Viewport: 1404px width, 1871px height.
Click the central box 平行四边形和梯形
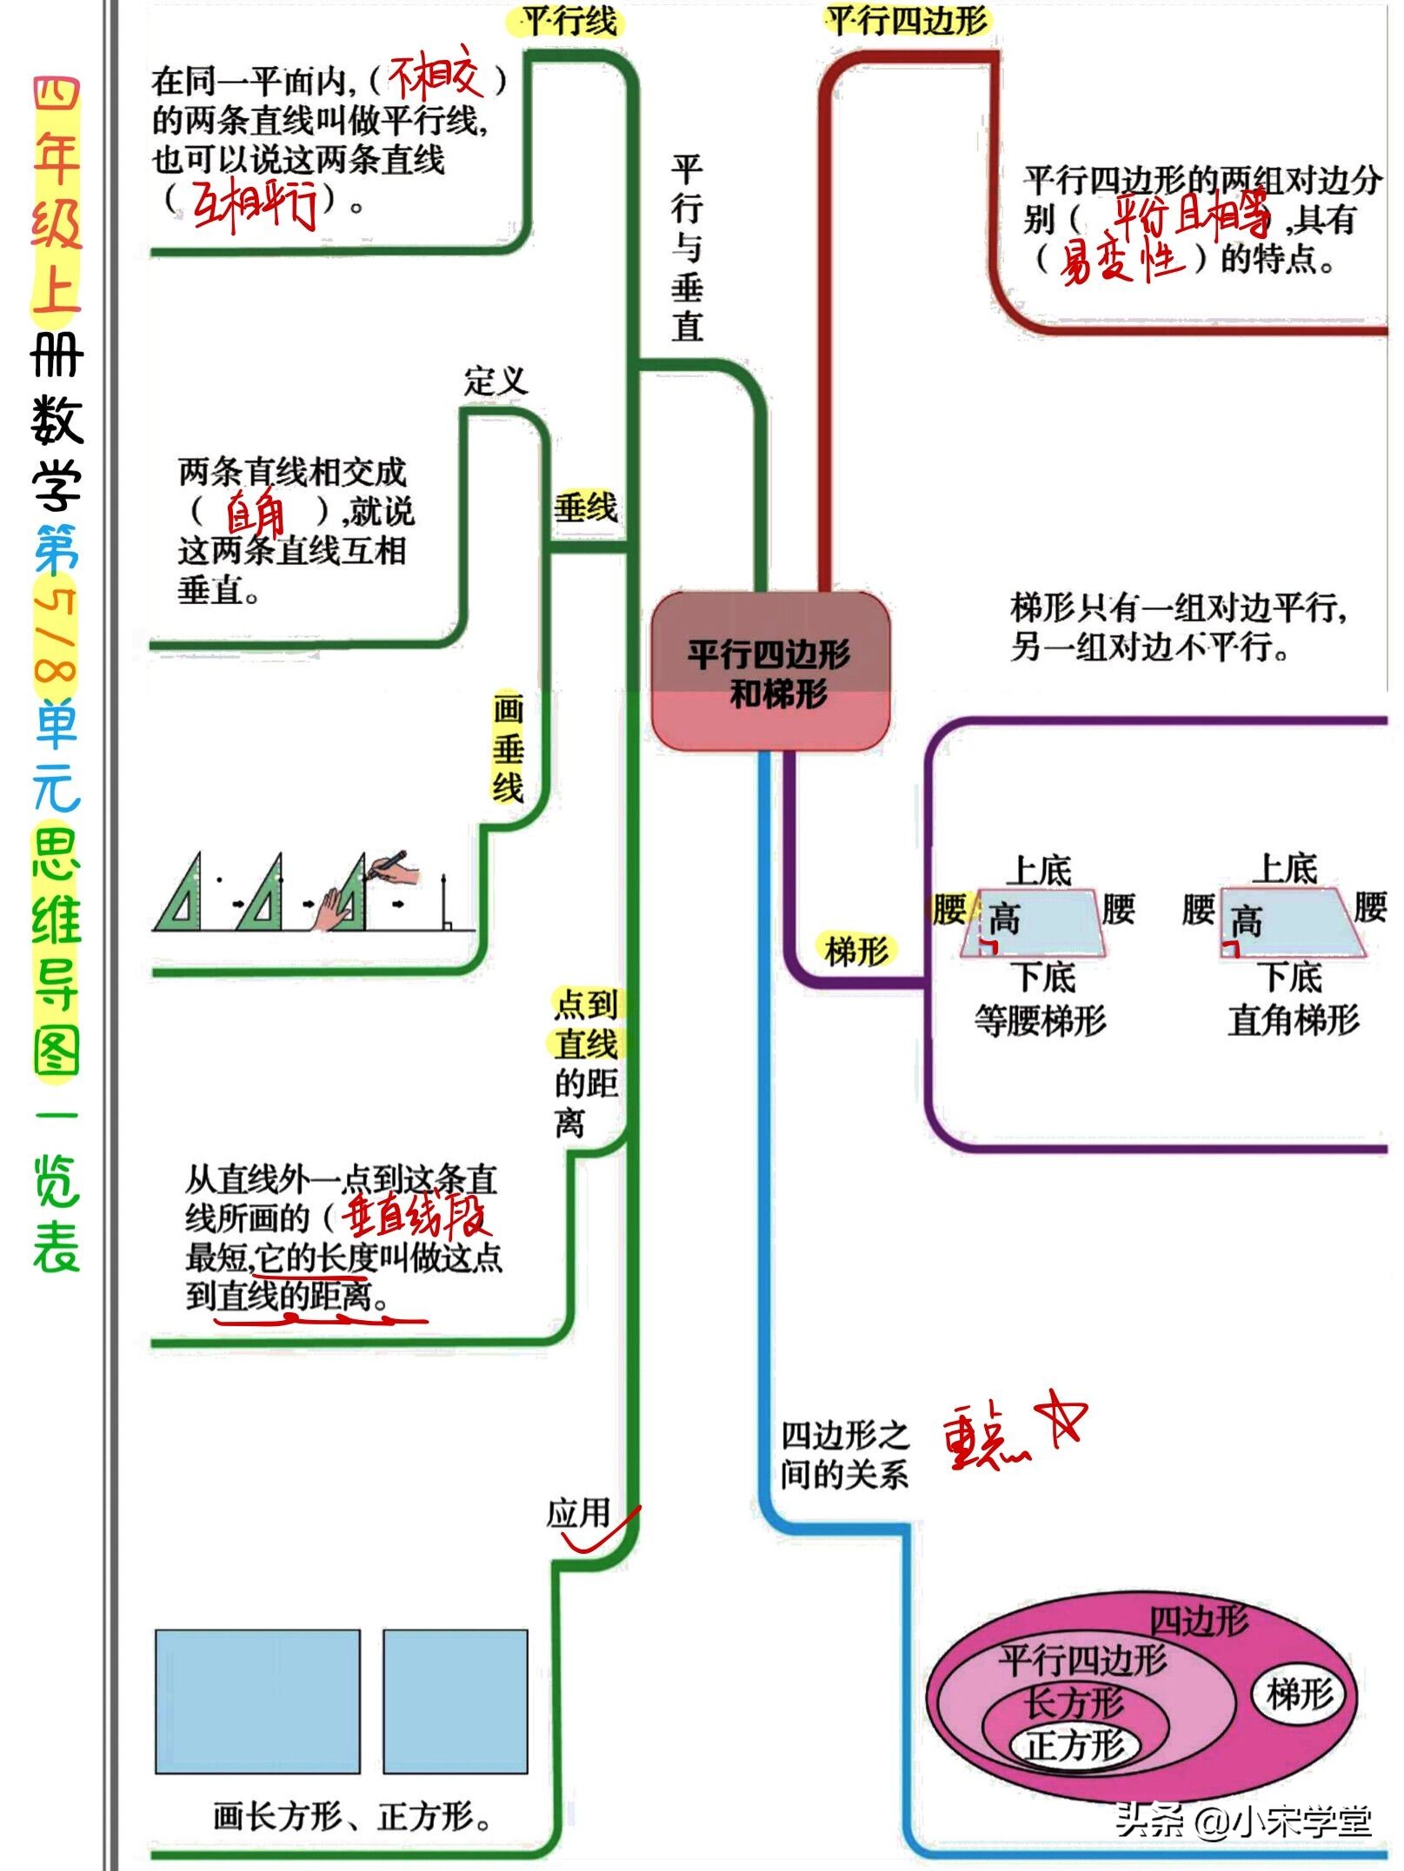point(770,672)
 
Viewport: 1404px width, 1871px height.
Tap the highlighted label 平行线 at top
point(568,21)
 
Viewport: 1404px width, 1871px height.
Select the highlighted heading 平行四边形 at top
point(907,21)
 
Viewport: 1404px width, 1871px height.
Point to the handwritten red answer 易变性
point(1121,260)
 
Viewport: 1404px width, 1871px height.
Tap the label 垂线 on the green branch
point(585,507)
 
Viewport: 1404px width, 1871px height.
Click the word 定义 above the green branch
point(495,380)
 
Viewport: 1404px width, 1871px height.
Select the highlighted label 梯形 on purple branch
point(856,950)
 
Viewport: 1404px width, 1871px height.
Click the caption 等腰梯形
point(1040,1019)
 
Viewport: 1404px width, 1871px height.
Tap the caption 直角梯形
point(1293,1019)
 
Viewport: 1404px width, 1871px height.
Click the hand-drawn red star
point(1059,1418)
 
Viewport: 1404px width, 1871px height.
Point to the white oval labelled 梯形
point(1299,1694)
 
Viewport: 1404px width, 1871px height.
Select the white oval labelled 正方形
point(1075,1744)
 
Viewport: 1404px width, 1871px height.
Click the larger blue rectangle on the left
point(257,1701)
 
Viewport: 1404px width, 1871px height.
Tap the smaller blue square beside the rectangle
point(455,1701)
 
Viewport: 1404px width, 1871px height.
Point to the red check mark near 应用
point(600,1536)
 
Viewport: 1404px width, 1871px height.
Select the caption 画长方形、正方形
point(351,1815)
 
